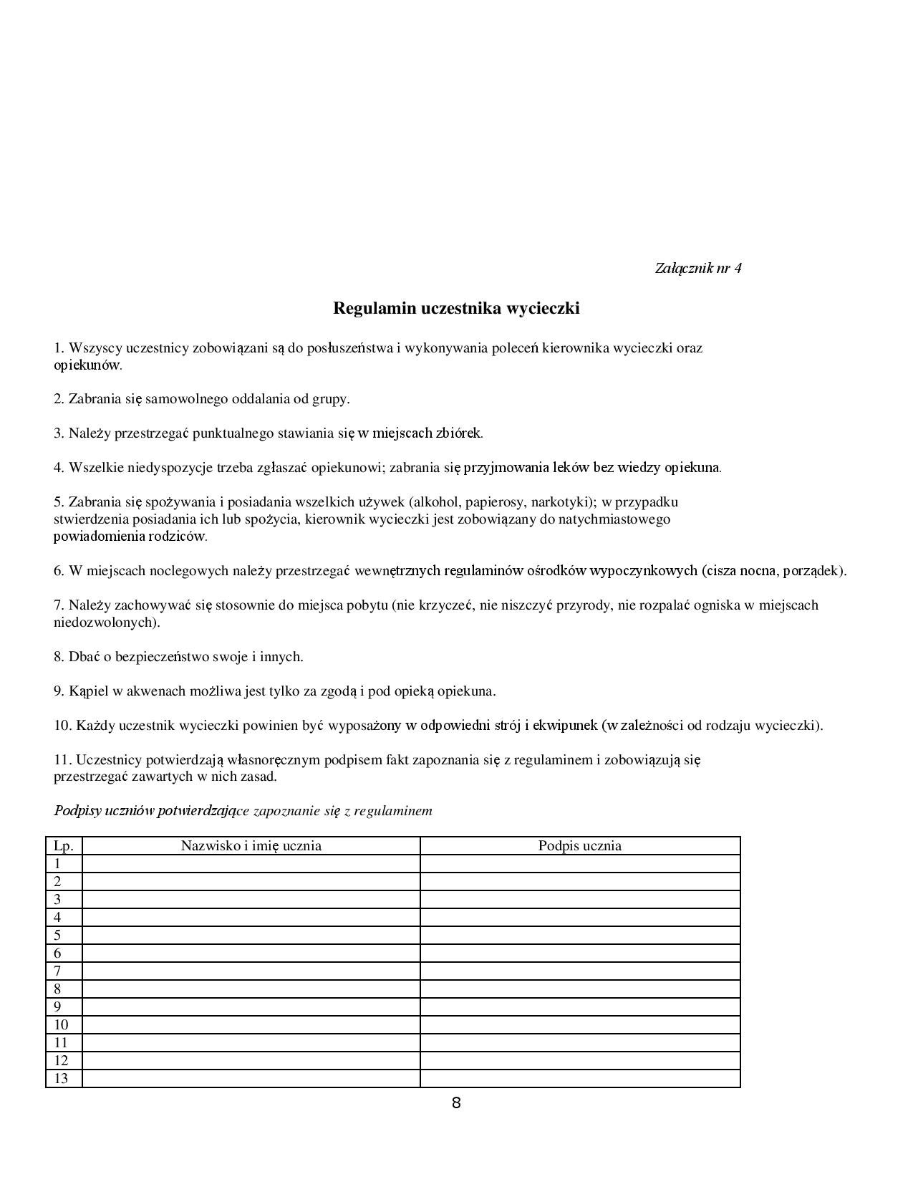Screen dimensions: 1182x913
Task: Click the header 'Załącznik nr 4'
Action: coord(697,268)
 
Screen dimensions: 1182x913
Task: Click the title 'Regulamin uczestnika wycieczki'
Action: coord(456,309)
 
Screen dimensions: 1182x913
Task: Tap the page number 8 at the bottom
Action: coord(456,1103)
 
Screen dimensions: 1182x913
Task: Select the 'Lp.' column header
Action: coord(64,846)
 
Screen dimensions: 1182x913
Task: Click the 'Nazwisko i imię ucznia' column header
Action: coord(251,846)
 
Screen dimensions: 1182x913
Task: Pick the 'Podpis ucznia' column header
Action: coord(579,846)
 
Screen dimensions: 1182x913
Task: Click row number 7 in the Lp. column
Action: coord(58,971)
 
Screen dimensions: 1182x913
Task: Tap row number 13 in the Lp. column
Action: coord(61,1079)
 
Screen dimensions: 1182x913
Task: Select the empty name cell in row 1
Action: coord(251,864)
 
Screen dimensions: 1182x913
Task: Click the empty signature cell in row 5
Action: coord(579,936)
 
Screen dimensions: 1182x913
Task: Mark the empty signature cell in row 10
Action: coord(579,1025)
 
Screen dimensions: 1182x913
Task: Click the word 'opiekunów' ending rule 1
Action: coord(86,365)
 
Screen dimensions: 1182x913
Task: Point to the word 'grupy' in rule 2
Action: coord(329,399)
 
